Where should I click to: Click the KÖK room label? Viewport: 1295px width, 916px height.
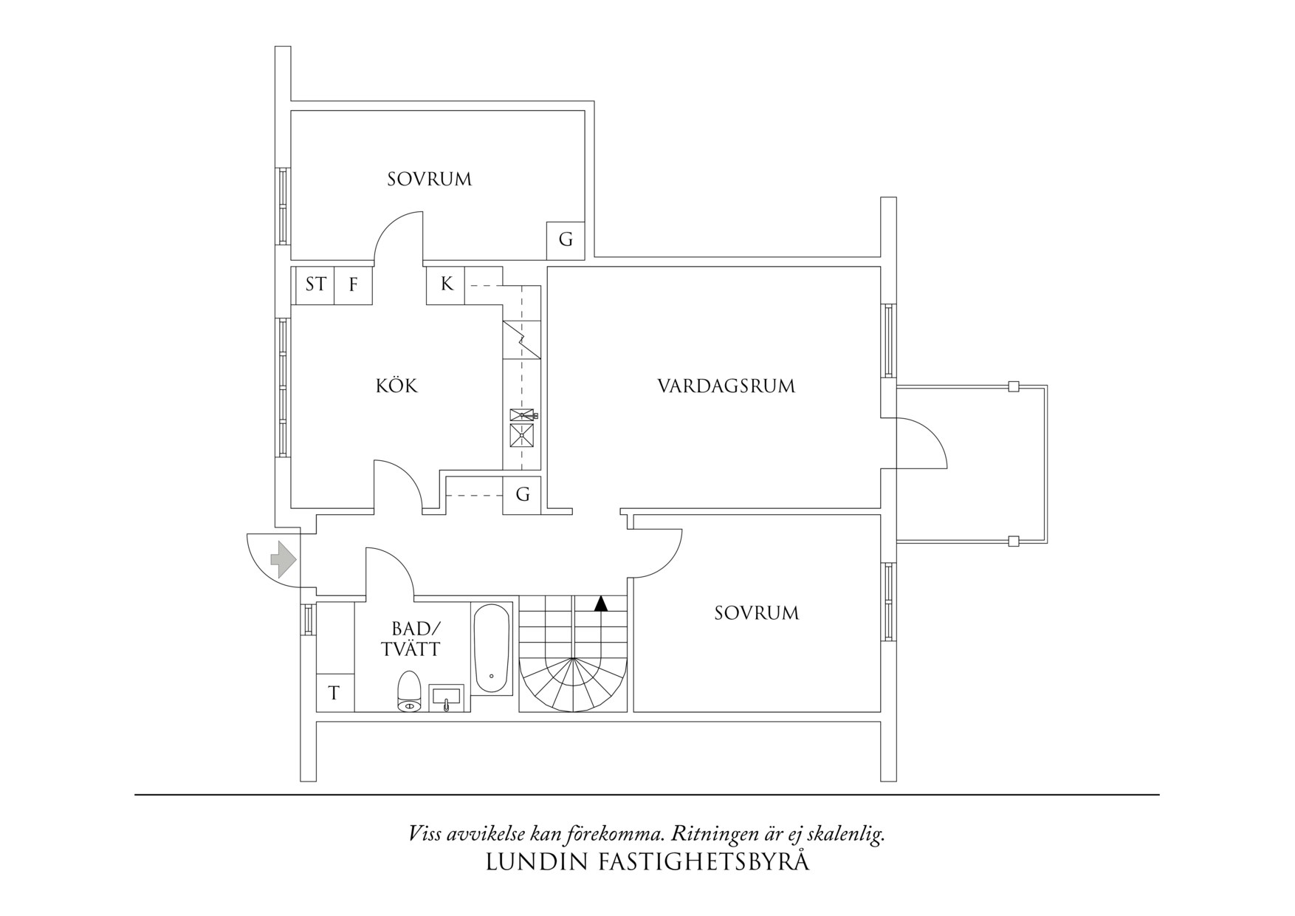[396, 386]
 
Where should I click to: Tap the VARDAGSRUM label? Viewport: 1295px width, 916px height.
[726, 386]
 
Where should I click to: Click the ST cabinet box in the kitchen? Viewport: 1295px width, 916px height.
[315, 284]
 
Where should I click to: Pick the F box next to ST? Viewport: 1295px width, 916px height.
[354, 284]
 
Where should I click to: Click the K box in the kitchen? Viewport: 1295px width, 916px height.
[446, 284]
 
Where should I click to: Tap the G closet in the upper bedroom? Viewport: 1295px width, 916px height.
[566, 239]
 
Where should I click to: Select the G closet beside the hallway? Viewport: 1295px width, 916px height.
[523, 494]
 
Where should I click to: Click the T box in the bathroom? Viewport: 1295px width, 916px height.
[334, 693]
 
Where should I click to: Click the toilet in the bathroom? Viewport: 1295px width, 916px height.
[409, 691]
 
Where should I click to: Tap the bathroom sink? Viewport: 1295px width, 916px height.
[446, 697]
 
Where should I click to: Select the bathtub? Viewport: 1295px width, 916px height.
[491, 648]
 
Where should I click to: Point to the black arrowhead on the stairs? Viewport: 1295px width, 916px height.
[601, 604]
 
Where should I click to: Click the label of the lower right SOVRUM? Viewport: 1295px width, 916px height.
[756, 612]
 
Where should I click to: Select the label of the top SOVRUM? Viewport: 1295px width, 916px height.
[429, 179]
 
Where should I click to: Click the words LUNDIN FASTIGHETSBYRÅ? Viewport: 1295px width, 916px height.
[647, 862]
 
